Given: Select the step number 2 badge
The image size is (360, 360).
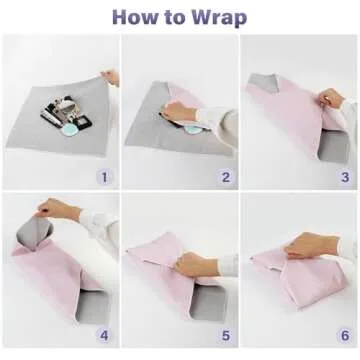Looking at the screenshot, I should (225, 178).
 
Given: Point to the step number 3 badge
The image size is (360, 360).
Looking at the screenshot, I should (345, 178).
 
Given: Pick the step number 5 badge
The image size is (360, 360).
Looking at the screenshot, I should (225, 337).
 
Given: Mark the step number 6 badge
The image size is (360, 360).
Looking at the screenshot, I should (345, 337).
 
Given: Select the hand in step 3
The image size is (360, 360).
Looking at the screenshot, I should (330, 98).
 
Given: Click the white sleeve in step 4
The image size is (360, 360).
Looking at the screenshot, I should (95, 225).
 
